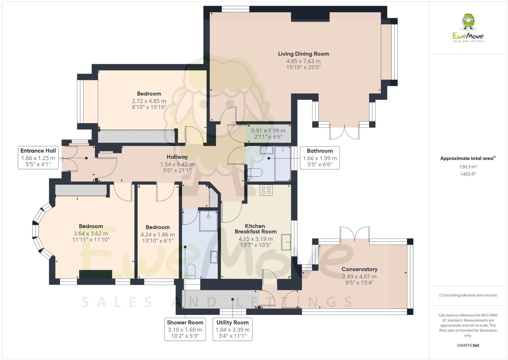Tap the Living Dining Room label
click(x=303, y=54)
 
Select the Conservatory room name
click(x=359, y=269)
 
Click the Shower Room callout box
click(x=185, y=329)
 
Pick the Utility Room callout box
click(x=232, y=329)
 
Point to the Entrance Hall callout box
click(x=38, y=158)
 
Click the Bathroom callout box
click(x=319, y=158)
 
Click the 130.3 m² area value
click(x=468, y=167)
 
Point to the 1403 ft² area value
click(x=468, y=174)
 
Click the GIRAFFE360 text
click(x=468, y=346)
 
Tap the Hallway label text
click(x=177, y=157)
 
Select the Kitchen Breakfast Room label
click(x=255, y=229)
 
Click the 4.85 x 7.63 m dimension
click(x=303, y=61)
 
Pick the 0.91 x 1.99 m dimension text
click(x=268, y=131)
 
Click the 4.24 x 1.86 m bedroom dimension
click(x=158, y=234)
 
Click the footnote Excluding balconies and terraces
click(x=468, y=295)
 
